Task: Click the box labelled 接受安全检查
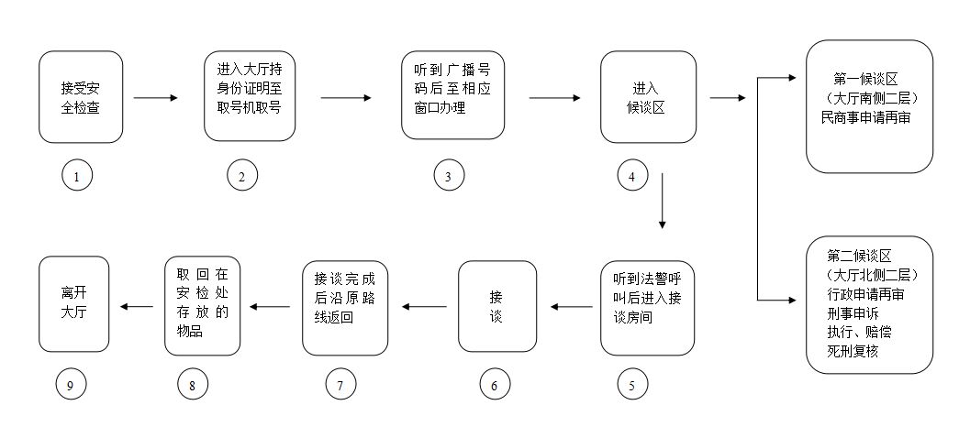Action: coord(81,96)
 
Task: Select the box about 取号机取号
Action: coord(249,95)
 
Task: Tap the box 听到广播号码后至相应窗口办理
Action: coord(452,95)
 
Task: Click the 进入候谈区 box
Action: coord(648,96)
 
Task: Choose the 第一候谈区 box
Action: coord(870,105)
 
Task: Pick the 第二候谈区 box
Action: coord(870,304)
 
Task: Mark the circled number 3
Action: coord(449,177)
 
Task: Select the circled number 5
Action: coord(632,386)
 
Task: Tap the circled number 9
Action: coord(70,386)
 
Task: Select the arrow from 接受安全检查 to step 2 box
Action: coord(157,96)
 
